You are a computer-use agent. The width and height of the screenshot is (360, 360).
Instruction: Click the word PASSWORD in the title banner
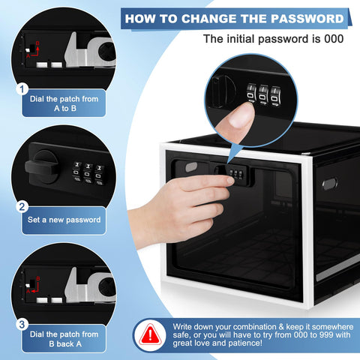tap(307, 19)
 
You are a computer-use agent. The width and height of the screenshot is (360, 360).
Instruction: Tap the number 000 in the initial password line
tap(334, 39)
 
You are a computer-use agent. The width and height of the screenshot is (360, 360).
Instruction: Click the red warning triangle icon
tap(150, 335)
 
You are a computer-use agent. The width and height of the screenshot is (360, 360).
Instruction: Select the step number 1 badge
tap(22, 89)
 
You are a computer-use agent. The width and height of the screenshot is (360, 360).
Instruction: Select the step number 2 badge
tap(22, 207)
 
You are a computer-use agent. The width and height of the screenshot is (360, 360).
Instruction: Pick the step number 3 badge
tap(22, 325)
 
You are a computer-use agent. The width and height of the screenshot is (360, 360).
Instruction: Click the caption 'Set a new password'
tap(64, 220)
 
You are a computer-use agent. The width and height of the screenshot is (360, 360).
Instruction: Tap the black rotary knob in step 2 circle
tap(43, 166)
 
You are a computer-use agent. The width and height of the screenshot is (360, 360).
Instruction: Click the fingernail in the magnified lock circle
tap(241, 115)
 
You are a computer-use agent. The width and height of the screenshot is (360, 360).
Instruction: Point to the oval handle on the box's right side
tap(330, 184)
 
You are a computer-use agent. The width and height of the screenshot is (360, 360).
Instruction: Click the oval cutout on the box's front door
tap(191, 167)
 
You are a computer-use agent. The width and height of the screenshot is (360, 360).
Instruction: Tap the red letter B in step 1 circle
tap(37, 43)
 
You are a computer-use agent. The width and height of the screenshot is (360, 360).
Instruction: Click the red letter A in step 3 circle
tap(28, 291)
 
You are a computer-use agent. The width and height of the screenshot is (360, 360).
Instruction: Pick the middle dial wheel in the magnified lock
tap(263, 95)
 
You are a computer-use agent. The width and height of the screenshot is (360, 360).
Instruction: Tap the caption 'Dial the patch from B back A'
tap(64, 339)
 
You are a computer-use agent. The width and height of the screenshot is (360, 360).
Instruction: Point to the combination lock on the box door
tap(236, 174)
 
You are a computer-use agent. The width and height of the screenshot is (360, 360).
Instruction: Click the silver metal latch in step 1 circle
tap(88, 51)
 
